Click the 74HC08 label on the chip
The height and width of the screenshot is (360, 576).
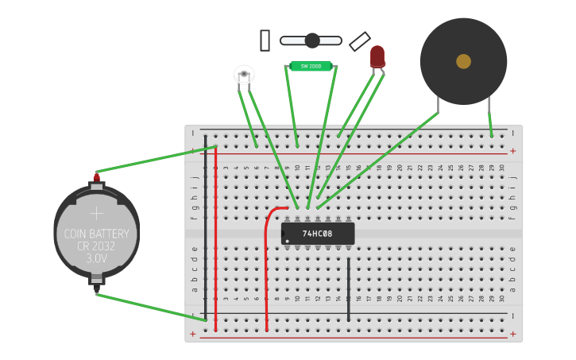pos(317,234)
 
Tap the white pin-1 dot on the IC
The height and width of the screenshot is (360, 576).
pos(287,241)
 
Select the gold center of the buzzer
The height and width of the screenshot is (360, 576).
pos(463,61)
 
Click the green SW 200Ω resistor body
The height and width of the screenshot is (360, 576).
pos(311,66)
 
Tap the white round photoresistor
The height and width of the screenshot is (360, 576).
pos(244,75)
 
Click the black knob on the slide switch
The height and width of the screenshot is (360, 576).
pos(312,41)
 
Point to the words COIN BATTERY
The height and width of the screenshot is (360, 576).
pos(96,234)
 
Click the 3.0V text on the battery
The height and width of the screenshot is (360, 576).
pos(96,258)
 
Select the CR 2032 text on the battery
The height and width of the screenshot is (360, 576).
pos(96,246)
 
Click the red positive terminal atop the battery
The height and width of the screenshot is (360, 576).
pos(97,176)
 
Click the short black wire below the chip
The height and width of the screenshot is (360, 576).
pos(348,290)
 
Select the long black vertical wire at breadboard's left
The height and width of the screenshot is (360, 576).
pos(205,230)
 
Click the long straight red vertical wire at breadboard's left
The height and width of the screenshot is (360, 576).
pos(215,238)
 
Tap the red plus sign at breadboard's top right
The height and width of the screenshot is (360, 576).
pos(512,151)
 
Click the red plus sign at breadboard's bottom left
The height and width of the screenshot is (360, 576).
pos(193,334)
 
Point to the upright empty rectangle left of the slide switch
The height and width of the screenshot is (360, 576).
pos(265,41)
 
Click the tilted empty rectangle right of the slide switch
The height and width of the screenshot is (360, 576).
pos(360,41)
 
